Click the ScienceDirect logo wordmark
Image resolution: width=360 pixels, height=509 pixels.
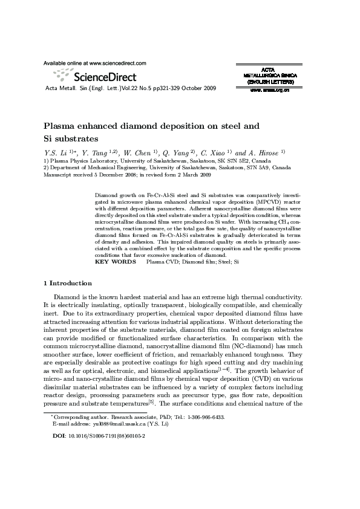point(104,77)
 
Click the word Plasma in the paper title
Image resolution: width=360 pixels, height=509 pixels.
point(61,126)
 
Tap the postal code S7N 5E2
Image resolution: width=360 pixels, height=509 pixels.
point(229,161)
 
